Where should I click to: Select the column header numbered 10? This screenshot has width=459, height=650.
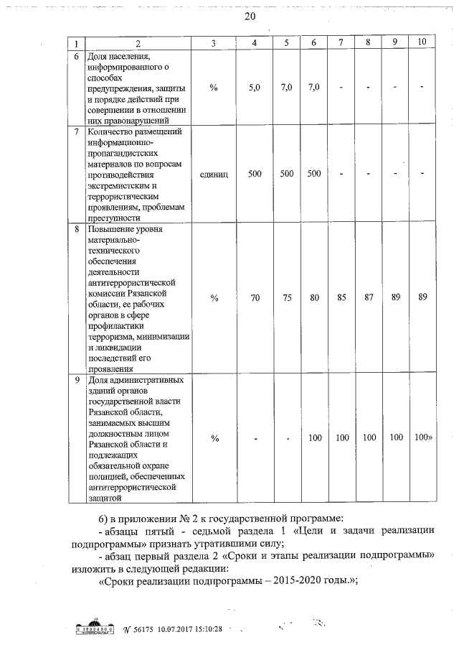coord(422,42)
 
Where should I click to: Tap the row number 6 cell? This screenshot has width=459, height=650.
coord(77,56)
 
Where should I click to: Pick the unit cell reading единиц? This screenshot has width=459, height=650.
coord(214,174)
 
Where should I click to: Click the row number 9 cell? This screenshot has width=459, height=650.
coord(77,379)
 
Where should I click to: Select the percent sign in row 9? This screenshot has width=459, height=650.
coord(214,438)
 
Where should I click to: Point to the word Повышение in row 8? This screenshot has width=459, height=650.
coord(108,231)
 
